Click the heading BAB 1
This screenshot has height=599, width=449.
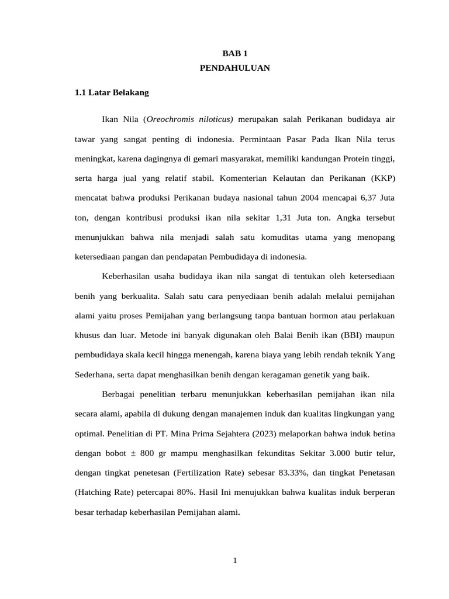click(234, 53)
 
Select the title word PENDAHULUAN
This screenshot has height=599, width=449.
click(234, 68)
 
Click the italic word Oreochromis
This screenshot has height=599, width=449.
click(170, 119)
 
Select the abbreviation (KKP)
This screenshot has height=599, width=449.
click(382, 178)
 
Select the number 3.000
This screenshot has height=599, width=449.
click(319, 453)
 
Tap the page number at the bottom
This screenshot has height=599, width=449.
click(234, 561)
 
